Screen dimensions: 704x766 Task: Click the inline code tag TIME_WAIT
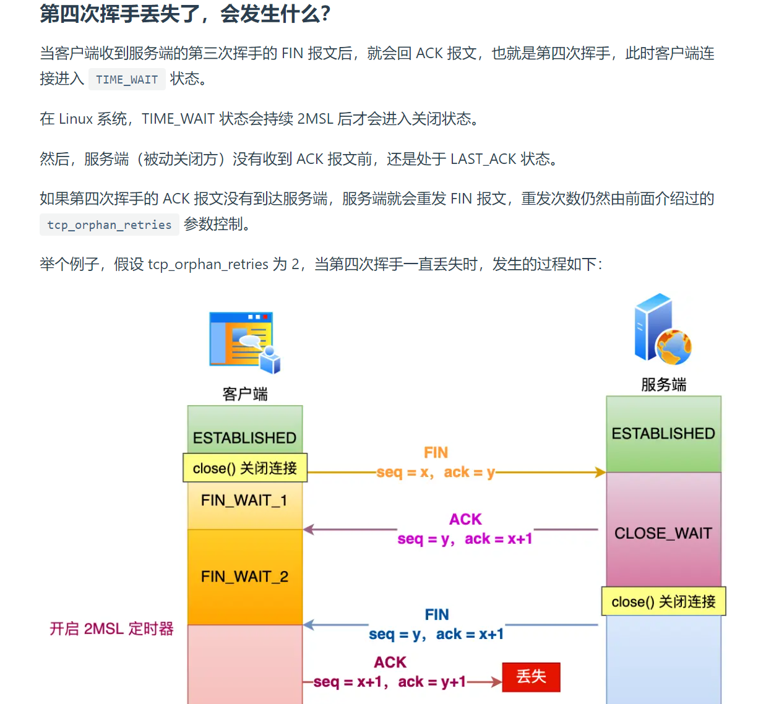coord(127,80)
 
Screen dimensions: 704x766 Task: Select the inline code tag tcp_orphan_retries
coord(110,225)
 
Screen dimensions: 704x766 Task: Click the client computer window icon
coord(244,342)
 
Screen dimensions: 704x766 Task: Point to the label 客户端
coord(245,394)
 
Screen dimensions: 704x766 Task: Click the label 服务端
coord(663,385)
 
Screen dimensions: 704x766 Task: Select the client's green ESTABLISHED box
coord(245,431)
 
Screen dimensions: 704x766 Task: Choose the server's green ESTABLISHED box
coord(663,434)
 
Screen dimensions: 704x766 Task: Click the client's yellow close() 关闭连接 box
coord(245,468)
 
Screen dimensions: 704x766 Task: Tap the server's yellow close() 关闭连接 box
coord(663,601)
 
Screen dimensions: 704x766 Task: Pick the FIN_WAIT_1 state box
coord(244,500)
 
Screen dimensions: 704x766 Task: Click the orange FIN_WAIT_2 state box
coord(244,577)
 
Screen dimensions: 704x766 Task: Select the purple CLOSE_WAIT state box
coord(663,533)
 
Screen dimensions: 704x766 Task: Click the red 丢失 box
coord(531,677)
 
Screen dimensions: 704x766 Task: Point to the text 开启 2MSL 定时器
coord(111,629)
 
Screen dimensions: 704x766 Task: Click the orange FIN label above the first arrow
coord(436,453)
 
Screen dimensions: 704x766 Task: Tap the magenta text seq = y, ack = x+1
coord(465,539)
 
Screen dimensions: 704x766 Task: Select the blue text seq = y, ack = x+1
coord(436,634)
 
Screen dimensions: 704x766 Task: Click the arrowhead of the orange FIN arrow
coord(600,473)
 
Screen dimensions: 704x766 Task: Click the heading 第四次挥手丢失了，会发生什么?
coord(185,14)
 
